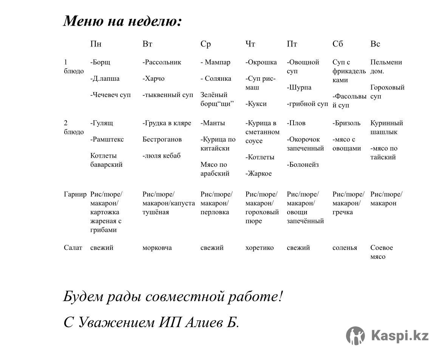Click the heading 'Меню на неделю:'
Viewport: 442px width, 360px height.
pos(122,21)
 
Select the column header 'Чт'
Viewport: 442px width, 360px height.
pos(250,44)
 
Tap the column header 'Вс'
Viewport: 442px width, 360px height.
pos(375,44)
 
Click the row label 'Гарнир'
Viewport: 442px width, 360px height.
pos(75,195)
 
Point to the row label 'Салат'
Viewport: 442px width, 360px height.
pos(73,248)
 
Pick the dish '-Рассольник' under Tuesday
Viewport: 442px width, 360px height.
pos(162,62)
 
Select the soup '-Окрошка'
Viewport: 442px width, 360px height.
pos(261,62)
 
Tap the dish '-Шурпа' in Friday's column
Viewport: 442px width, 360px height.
pos(299,88)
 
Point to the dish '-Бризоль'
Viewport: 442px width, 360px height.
pos(346,123)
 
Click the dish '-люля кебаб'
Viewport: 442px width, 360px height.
pos(161,156)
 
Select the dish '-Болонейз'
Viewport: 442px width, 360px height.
pos(303,165)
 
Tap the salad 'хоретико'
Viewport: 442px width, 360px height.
pos(260,248)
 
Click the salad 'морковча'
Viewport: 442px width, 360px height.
pos(157,248)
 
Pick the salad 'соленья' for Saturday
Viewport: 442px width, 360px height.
pos(345,248)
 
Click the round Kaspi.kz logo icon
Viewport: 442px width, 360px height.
pos(355,335)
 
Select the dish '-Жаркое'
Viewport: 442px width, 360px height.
pos(258,174)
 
